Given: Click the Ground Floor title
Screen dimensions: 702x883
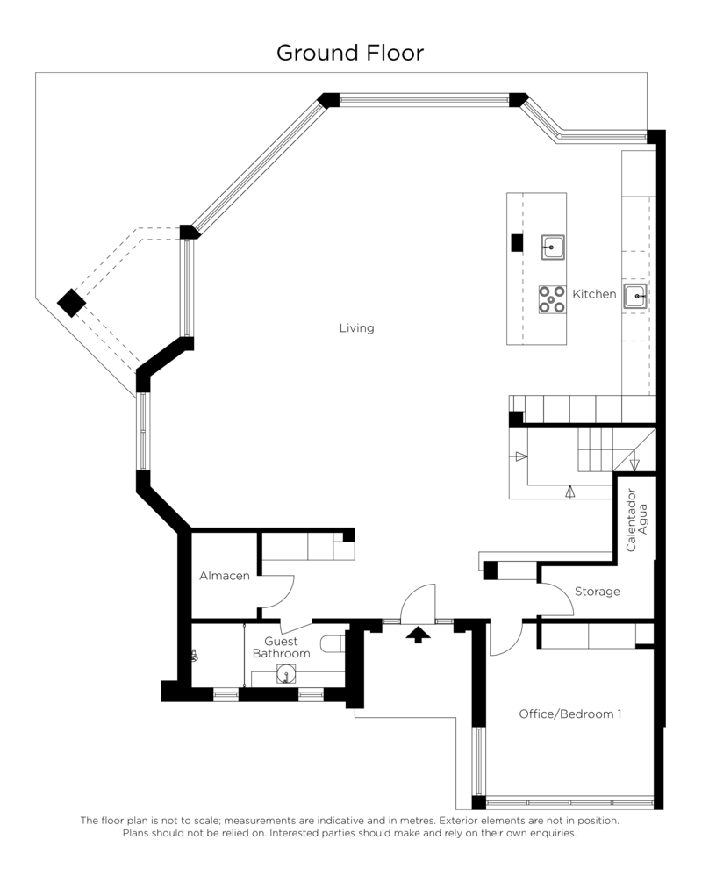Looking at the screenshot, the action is pos(349,53).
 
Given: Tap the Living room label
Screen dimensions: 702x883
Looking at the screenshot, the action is pos(356,327).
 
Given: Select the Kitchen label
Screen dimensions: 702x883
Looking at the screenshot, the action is pos(594,293).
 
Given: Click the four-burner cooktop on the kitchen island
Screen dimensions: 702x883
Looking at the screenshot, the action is pos(552,299).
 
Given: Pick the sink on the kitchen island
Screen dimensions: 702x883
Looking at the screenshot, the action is pos(553,248).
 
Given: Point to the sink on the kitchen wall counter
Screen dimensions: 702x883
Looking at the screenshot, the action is pos(635,296).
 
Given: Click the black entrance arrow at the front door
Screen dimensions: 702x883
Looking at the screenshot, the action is pos(419,635).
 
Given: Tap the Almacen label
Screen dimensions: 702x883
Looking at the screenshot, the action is pos(224,576).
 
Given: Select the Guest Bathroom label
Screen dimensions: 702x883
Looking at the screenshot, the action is pos(281,647).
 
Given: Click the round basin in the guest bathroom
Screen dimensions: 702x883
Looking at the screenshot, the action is pos(287,674).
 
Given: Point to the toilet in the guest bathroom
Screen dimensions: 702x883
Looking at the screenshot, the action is pos(333,643).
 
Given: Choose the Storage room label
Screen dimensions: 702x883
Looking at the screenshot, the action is pos(598,592).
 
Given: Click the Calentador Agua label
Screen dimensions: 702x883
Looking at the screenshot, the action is pos(637,520).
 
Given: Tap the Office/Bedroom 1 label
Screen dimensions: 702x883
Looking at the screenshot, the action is pos(570,714).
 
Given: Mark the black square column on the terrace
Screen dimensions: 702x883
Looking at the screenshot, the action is pos(71,303).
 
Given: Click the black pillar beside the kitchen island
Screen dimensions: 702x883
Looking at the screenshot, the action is pos(517,243).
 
